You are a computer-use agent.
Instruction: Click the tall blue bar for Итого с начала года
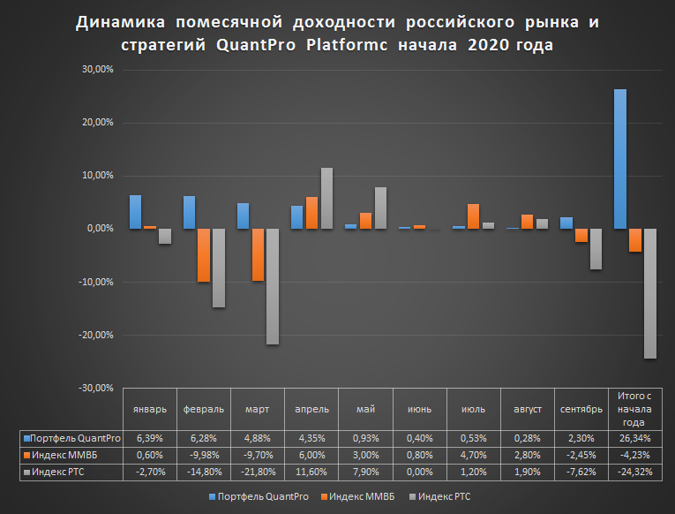(620, 159)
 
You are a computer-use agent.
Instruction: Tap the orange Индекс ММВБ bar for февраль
(203, 255)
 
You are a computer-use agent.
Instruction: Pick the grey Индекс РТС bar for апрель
(326, 199)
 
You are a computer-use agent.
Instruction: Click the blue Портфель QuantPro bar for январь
(135, 212)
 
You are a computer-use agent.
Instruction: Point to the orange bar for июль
(473, 216)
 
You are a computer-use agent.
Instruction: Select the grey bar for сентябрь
(596, 249)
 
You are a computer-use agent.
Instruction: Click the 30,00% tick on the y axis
(98, 70)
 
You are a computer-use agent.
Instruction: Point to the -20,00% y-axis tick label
(96, 335)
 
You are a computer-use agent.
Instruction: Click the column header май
(365, 409)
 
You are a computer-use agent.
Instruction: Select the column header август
(527, 409)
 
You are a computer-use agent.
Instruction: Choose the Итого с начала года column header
(634, 409)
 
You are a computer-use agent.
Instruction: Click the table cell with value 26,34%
(634, 438)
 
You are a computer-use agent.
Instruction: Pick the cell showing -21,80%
(258, 472)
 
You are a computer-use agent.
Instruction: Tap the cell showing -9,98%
(204, 455)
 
